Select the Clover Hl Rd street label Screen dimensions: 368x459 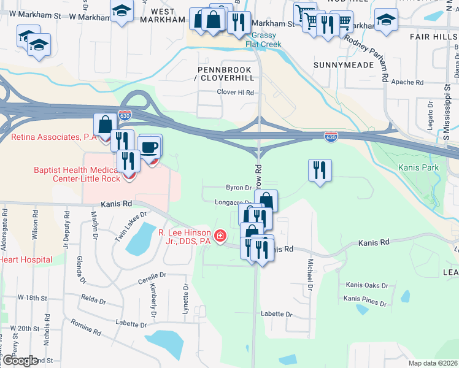pos(235,92)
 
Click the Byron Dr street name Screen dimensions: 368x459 pos(239,188)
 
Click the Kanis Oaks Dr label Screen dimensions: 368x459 pos(367,285)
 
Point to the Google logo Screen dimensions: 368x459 pos(20,361)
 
